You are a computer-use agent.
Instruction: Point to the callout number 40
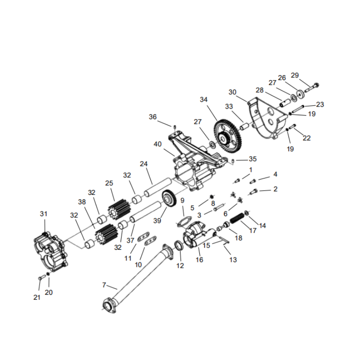tap(157, 144)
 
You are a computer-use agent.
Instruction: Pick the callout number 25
tap(109, 184)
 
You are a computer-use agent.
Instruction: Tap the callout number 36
tap(153, 117)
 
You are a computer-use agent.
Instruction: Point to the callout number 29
tap(307, 75)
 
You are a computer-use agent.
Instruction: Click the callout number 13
tap(233, 260)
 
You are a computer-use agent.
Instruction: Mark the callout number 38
tap(81, 202)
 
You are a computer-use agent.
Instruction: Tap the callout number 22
tap(306, 138)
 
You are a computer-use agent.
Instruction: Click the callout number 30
tap(232, 92)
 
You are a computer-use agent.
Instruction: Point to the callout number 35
tap(252, 159)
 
